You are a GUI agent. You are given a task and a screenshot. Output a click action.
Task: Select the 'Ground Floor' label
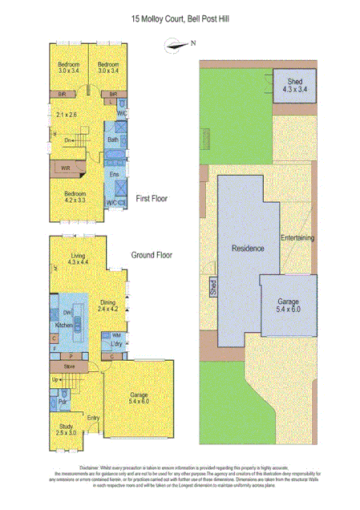[152, 256]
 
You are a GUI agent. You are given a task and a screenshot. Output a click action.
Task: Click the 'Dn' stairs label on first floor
[68, 140]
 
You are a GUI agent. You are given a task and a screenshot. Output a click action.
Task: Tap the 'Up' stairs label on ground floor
[55, 379]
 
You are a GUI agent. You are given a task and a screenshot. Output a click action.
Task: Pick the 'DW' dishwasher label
[67, 313]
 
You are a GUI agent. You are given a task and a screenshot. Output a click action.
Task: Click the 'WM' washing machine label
[116, 334]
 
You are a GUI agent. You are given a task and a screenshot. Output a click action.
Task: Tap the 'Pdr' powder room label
[63, 400]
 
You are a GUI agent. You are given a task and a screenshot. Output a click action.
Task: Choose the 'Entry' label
[93, 417]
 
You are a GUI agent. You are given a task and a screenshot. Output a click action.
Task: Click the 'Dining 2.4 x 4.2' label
[108, 306]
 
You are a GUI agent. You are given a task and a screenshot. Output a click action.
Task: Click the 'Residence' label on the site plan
[248, 249]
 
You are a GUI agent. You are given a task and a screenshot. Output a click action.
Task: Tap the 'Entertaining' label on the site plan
[297, 238]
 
